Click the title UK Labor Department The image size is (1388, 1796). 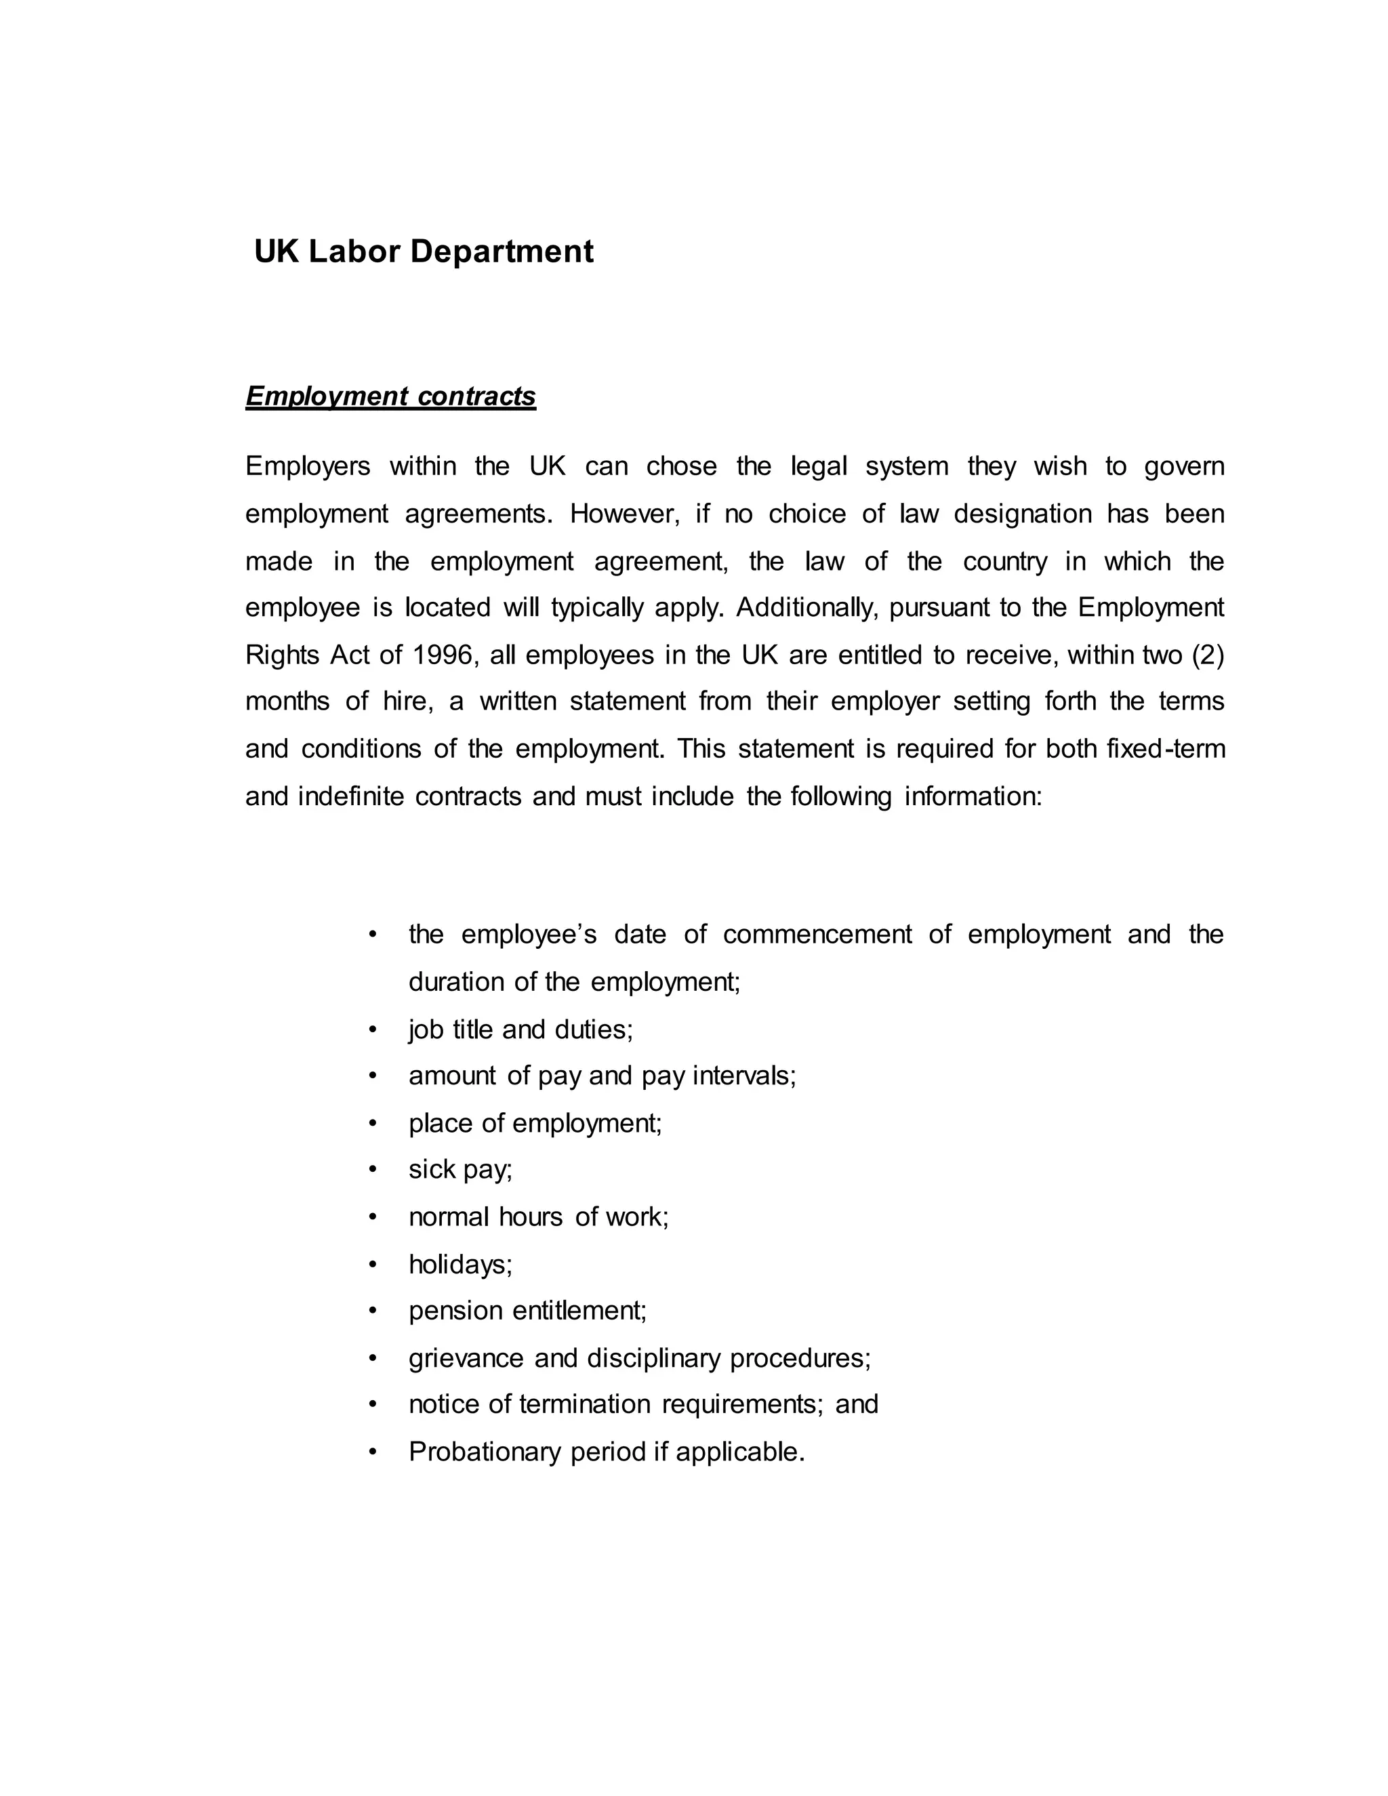(424, 251)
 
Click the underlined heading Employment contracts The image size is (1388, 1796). (390, 396)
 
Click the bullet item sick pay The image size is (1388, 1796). (460, 1169)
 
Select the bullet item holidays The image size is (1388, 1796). (460, 1264)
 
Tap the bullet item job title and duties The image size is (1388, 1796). (520, 1029)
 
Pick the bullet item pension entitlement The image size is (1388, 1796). (527, 1310)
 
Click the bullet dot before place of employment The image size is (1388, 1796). (373, 1123)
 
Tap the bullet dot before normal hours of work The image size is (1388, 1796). (373, 1217)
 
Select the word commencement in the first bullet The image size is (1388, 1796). (817, 935)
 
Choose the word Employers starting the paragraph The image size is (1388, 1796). (308, 467)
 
